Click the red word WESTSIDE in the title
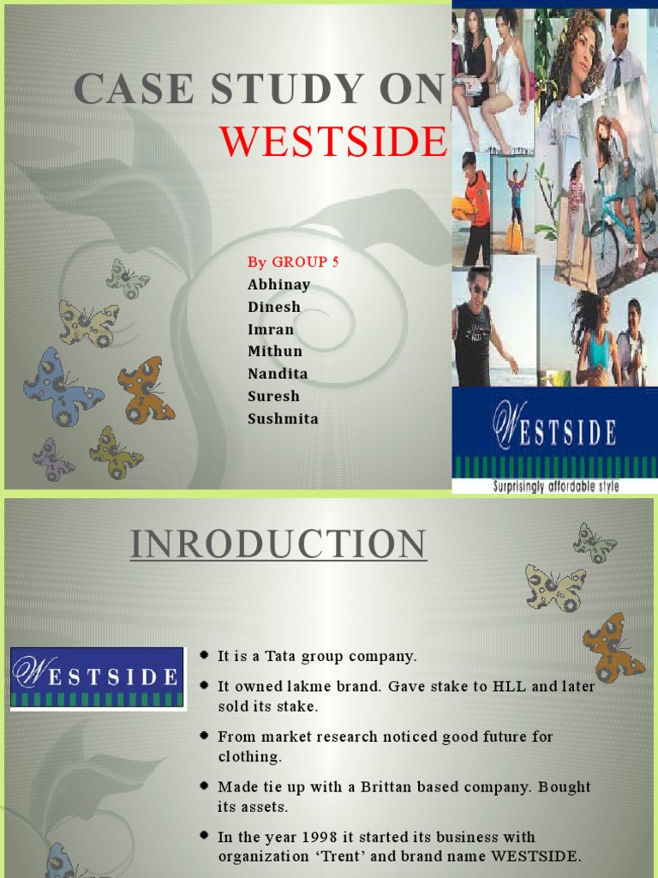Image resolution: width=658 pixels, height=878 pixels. pos(334,141)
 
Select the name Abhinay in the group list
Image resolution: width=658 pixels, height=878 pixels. pos(278,285)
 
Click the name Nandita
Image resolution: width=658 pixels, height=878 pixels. pos(278,374)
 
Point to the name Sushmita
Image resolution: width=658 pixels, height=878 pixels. pos(283,418)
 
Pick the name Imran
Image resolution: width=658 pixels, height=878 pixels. pos(271,329)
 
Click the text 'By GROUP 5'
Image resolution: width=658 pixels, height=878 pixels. pos(293,262)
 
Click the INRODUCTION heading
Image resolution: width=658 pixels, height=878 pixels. pos(278,545)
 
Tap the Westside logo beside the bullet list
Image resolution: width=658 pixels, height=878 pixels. pos(97,677)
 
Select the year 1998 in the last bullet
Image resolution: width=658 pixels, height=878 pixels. pos(320,837)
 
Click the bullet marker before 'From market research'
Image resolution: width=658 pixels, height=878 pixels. pos(204,736)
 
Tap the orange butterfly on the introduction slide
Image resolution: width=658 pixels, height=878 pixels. pos(612,647)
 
